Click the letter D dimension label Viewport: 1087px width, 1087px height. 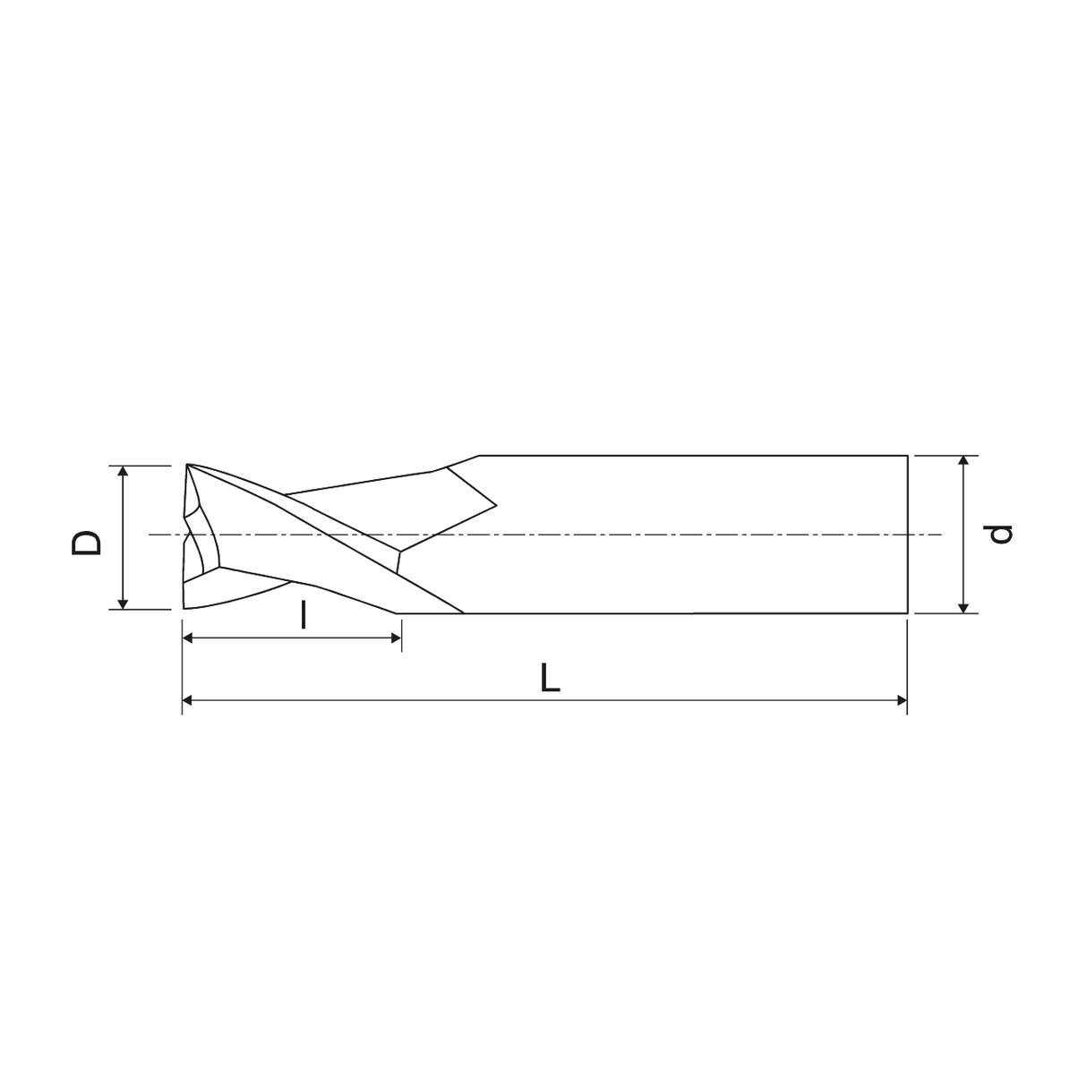pos(87,542)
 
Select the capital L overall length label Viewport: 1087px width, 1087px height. pos(550,679)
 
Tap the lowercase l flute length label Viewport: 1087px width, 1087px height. pos(304,615)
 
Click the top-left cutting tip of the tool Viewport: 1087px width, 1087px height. pos(187,465)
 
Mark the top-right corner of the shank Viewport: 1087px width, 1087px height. pos(908,456)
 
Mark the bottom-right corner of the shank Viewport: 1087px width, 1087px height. pos(908,613)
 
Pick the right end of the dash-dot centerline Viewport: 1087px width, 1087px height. pos(942,535)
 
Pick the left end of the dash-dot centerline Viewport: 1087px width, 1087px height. pos(150,535)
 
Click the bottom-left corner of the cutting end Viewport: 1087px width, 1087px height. pos(183,608)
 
